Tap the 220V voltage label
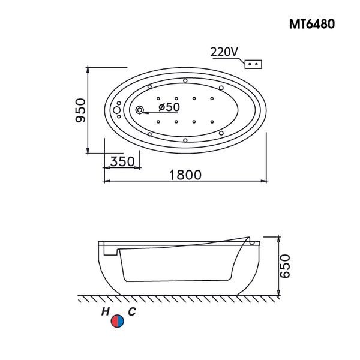click(223, 52)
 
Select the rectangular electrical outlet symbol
click(254, 63)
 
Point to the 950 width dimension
click(80, 109)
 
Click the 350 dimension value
click(122, 161)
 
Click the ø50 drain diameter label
click(169, 107)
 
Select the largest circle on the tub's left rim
click(117, 110)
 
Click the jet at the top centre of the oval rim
click(185, 80)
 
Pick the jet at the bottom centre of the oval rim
click(185, 140)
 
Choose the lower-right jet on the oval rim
click(221, 132)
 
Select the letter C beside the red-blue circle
click(131, 311)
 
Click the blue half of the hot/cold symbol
click(121, 322)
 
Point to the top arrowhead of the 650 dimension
click(280, 238)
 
